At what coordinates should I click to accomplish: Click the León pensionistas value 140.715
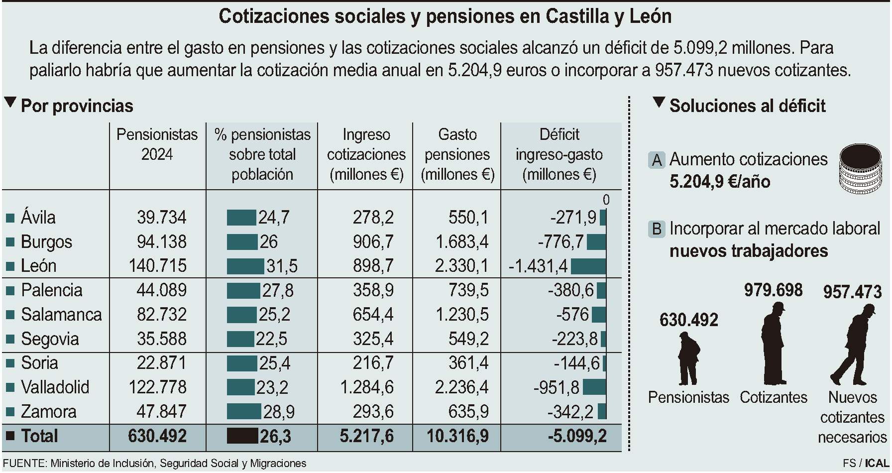point(157,266)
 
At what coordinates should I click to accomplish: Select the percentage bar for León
point(245,266)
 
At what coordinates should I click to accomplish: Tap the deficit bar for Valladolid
point(594,387)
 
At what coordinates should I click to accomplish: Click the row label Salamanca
point(61,315)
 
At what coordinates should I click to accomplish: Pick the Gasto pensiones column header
point(457,154)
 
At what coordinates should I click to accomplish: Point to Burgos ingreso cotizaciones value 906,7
point(373,242)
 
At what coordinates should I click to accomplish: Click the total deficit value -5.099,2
point(577,436)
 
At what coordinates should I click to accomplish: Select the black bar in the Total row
point(242,436)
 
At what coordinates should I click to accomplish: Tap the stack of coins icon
point(860,169)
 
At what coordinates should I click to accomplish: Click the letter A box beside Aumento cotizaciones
point(657,160)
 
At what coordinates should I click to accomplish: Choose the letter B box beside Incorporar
point(657,229)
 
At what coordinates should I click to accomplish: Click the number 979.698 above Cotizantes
point(773,290)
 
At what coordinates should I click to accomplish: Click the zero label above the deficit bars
point(606,200)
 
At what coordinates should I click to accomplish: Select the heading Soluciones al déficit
point(747,106)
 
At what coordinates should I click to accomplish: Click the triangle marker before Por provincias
point(9,103)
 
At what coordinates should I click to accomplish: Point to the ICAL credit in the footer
point(877,464)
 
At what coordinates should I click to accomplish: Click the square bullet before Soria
point(9,363)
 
